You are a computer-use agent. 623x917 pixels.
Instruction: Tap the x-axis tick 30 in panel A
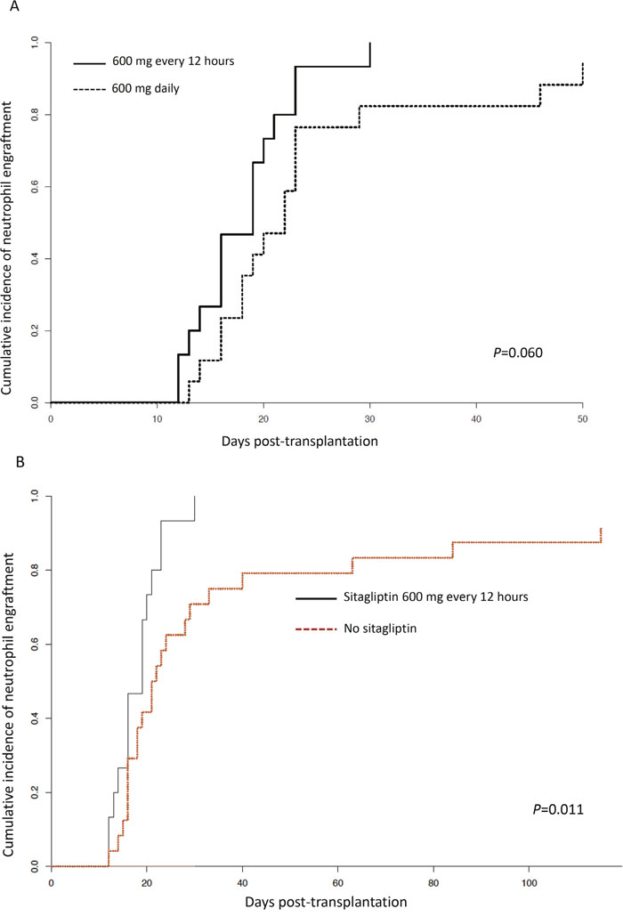point(369,418)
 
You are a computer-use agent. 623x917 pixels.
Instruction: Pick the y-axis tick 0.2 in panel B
point(36,791)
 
